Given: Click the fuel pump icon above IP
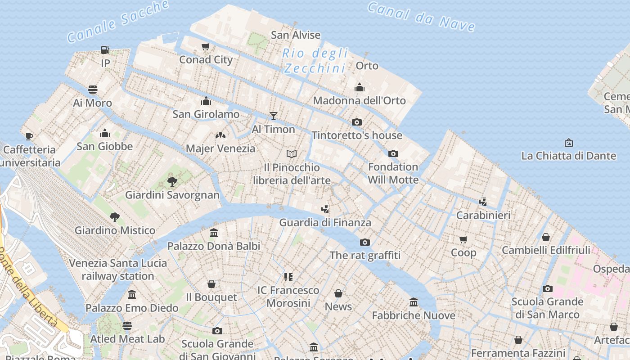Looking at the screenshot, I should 105,49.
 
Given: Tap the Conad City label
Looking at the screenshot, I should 206,59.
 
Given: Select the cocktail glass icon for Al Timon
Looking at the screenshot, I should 273,116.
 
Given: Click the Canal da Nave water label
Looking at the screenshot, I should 421,17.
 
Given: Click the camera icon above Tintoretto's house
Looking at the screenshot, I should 357,122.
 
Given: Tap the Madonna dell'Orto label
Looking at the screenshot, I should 359,100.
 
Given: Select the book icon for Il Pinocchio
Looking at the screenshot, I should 292,154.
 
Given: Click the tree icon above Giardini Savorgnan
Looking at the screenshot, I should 172,182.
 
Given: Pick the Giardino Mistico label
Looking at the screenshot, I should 115,230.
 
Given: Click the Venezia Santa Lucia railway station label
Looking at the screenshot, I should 118,270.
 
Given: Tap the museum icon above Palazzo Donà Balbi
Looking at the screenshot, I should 214,233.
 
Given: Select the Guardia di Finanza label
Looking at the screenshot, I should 325,222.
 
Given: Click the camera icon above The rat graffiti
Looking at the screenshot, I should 365,243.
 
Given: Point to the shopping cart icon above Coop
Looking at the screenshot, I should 463,239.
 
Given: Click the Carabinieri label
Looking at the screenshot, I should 483,215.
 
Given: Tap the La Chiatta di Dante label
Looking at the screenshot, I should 568,156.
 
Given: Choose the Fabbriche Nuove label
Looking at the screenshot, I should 414,315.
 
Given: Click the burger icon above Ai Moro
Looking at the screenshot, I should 93,90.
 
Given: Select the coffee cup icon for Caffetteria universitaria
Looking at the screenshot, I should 29,136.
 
